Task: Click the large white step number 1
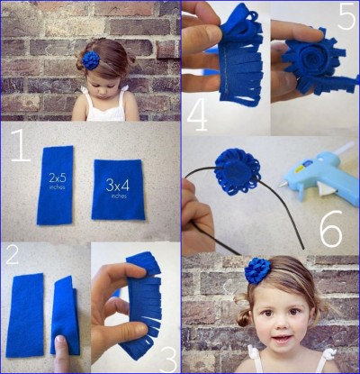[22, 145]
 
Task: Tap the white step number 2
[12, 253]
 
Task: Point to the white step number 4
[197, 116]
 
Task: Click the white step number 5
[346, 16]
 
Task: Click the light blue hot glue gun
[319, 171]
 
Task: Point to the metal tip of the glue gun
[283, 183]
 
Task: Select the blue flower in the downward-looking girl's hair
[91, 60]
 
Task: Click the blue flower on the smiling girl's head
[257, 270]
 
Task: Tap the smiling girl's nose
[282, 323]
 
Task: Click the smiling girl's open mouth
[283, 340]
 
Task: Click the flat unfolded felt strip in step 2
[25, 315]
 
